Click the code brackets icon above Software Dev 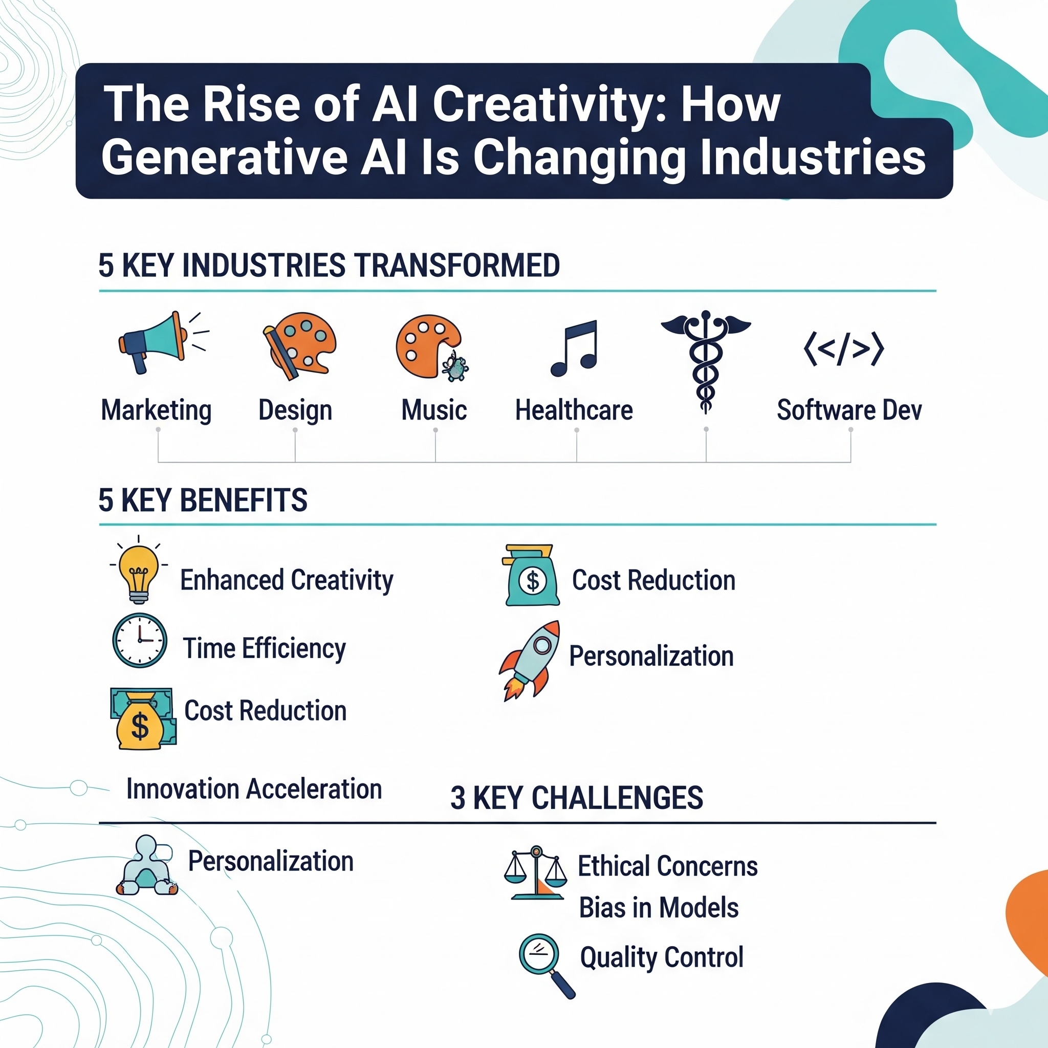point(843,349)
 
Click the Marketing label point(156,410)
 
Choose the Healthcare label point(574,410)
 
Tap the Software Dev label point(849,410)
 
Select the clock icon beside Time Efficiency point(139,641)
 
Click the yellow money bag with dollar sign point(143,719)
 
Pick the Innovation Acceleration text point(254,789)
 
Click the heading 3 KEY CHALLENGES point(577,798)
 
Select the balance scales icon point(535,873)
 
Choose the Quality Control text point(661,958)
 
